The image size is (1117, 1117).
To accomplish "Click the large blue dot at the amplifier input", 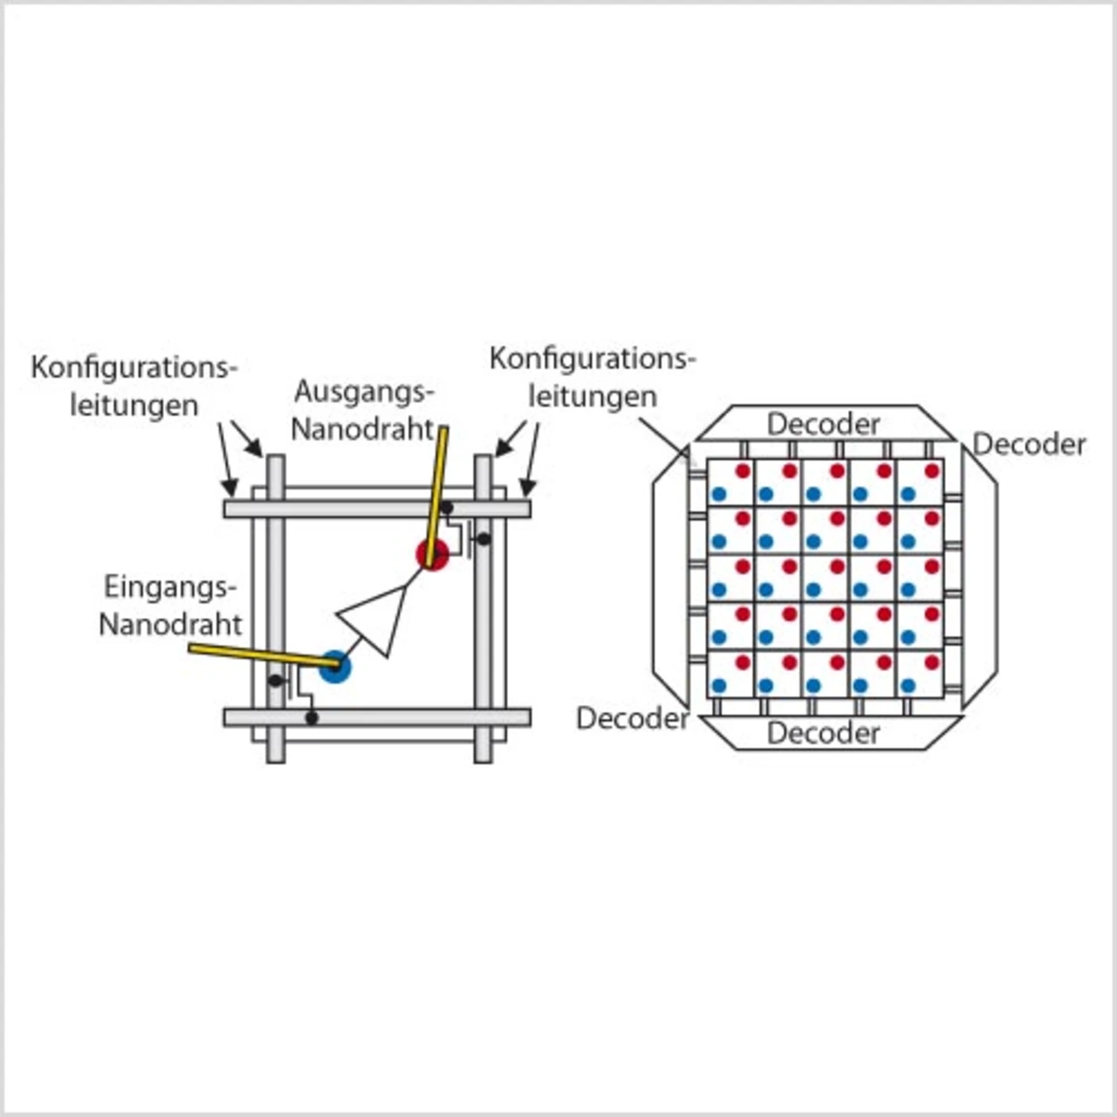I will [335, 668].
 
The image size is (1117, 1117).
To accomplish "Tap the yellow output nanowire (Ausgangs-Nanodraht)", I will [438, 489].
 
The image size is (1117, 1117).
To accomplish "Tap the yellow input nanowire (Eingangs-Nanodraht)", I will [253, 655].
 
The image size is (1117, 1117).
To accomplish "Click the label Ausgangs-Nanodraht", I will [363, 410].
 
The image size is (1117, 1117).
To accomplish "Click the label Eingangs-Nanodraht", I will [170, 605].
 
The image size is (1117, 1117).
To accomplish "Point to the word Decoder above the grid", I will [823, 424].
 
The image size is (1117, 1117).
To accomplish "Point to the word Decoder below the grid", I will [823, 733].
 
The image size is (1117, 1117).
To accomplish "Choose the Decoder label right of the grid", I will [1029, 444].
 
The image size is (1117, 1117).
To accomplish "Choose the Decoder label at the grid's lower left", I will [633, 718].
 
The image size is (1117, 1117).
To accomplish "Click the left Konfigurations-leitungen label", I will [134, 386].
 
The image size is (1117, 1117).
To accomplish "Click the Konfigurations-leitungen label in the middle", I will [593, 377].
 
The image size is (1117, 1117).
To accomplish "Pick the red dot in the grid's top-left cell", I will [743, 471].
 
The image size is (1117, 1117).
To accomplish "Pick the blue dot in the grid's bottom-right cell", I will [908, 685].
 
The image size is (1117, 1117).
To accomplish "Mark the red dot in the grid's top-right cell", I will [932, 471].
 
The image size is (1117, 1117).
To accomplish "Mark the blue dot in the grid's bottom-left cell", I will [718, 685].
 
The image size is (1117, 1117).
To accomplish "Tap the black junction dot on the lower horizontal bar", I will [312, 718].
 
